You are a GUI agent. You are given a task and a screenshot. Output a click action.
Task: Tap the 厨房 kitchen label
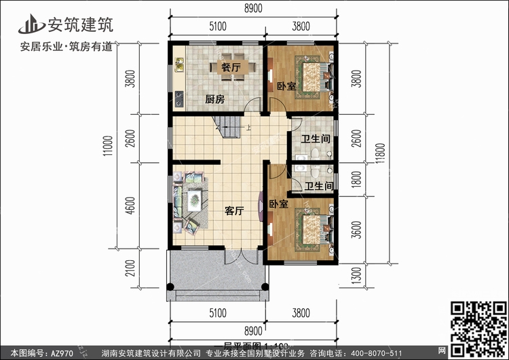click(215, 99)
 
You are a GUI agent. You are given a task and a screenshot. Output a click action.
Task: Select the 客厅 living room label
click(234, 211)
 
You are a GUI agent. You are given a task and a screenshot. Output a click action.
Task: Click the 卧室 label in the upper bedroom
click(286, 86)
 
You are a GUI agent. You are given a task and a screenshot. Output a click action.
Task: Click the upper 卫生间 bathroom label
click(316, 139)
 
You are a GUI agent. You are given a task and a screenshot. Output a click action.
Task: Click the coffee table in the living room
click(195, 200)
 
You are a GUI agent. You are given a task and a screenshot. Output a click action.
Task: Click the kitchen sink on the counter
click(180, 65)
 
